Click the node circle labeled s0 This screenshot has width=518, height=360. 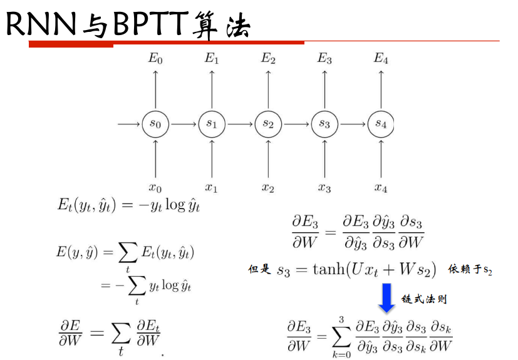pyautogui.click(x=155, y=124)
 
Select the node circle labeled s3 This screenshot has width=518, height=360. pyautogui.click(x=324, y=124)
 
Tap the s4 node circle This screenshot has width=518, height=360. pyautogui.click(x=380, y=124)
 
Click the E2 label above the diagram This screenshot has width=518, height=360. pyautogui.click(x=268, y=59)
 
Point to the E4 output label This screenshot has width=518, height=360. pyautogui.click(x=381, y=59)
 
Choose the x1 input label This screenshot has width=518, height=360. pyautogui.click(x=212, y=188)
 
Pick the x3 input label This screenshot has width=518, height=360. pyautogui.click(x=324, y=188)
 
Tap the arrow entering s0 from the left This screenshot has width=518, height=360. pyautogui.click(x=129, y=124)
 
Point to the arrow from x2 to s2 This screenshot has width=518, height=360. pyautogui.click(x=268, y=158)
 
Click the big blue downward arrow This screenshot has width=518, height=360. pyautogui.click(x=386, y=297)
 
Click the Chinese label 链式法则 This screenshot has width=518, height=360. pyautogui.click(x=424, y=299)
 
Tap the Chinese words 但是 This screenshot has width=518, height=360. pyautogui.click(x=259, y=270)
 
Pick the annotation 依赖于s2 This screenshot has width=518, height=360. pyautogui.click(x=470, y=269)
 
